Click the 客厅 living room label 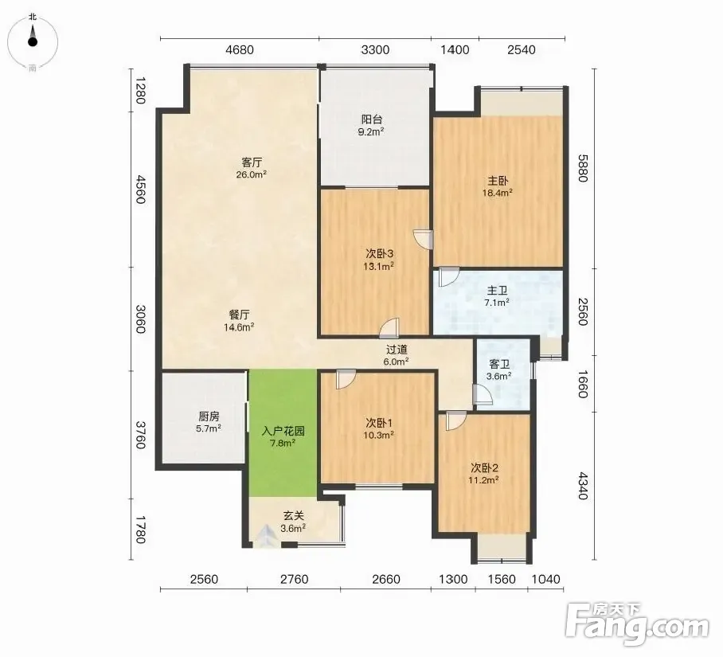252,162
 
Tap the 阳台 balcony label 372,120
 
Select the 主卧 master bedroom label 498,181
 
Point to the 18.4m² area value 498,193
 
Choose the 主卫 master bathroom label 498,291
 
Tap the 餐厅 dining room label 240,315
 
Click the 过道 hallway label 397,350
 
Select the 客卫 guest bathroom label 499,364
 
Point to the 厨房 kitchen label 209,416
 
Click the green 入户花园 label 283,431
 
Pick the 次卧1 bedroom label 379,423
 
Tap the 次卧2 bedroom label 484,468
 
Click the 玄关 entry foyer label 294,516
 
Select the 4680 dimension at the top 240,49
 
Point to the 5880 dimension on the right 584,168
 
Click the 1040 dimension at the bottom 546,579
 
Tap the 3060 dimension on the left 141,319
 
